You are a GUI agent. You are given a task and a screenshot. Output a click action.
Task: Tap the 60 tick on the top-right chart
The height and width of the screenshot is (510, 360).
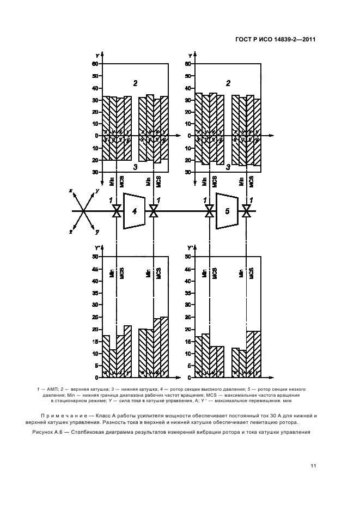(188, 64)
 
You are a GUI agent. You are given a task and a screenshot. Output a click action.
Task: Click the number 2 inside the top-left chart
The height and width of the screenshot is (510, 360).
(135, 83)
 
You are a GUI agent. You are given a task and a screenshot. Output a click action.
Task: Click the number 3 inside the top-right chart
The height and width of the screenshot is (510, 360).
(228, 167)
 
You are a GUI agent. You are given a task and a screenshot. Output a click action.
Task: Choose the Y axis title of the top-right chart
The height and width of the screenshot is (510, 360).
(190, 56)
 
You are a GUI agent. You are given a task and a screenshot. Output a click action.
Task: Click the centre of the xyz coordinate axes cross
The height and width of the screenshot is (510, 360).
(82, 210)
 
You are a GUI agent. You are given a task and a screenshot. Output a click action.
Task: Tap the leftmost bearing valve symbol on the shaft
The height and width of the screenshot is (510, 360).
(116, 211)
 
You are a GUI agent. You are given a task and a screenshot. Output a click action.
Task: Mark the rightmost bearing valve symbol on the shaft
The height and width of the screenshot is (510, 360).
(247, 211)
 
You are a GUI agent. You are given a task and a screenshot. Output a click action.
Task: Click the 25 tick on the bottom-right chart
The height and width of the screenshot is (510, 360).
(188, 317)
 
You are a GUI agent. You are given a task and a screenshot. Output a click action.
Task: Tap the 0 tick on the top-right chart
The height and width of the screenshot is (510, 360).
(189, 136)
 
